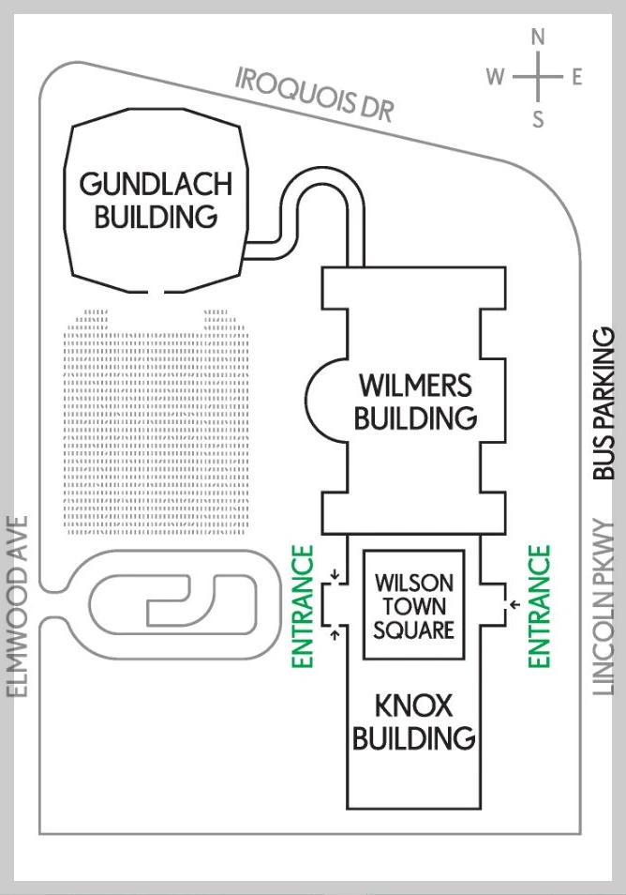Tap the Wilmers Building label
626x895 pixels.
(415, 401)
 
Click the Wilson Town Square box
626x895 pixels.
(413, 605)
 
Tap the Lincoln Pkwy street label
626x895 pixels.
(604, 608)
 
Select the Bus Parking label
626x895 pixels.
(604, 403)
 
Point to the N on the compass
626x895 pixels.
(538, 38)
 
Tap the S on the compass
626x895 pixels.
(538, 119)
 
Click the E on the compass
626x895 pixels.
(576, 78)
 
